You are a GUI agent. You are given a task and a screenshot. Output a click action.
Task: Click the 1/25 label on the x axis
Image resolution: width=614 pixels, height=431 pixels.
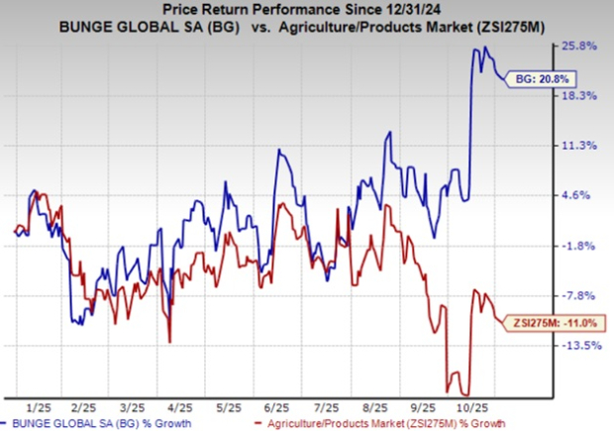[40, 407]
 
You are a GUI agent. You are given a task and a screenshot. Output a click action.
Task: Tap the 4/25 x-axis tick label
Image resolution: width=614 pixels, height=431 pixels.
[179, 407]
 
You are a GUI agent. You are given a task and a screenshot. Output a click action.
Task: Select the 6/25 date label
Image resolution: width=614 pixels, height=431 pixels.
[277, 407]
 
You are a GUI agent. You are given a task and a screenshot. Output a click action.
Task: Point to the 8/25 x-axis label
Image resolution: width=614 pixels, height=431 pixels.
[373, 407]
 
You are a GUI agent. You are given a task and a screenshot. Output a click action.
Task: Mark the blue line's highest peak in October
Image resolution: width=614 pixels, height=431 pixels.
[484, 48]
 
